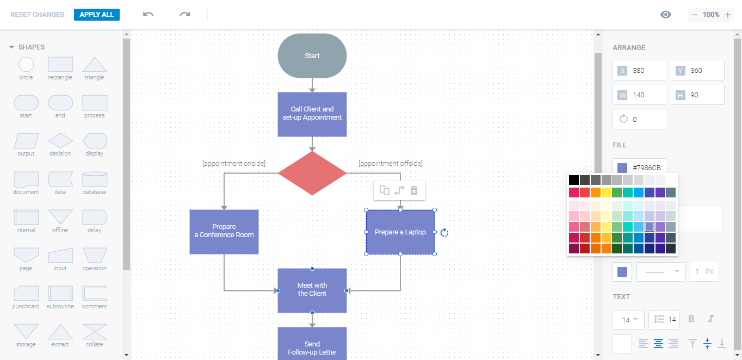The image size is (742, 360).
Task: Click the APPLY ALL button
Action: pos(96,15)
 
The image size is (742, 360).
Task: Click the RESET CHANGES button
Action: pos(38,15)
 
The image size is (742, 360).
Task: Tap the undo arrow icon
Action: pos(148,14)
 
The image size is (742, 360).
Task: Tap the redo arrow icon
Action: pos(185,14)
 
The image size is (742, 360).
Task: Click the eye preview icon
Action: pos(665,15)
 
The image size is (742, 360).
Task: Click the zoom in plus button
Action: pos(728,15)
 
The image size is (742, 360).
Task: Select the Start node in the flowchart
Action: pos(312,55)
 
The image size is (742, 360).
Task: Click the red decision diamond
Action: pos(312,173)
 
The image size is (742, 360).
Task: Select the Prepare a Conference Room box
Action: pos(224,232)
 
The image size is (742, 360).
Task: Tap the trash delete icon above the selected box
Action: pos(414,190)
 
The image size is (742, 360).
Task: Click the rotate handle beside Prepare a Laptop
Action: pos(444,233)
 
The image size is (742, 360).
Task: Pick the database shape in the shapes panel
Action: pos(95,179)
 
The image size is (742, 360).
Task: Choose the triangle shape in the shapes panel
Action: pos(95,65)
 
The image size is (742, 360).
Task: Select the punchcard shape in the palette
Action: pos(26,294)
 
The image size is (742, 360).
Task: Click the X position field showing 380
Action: pos(639,71)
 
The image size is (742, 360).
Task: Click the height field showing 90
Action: pos(697,95)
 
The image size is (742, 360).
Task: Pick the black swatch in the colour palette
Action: pos(574,180)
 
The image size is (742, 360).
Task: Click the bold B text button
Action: pos(691,319)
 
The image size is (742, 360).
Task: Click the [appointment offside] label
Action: pos(390,163)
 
